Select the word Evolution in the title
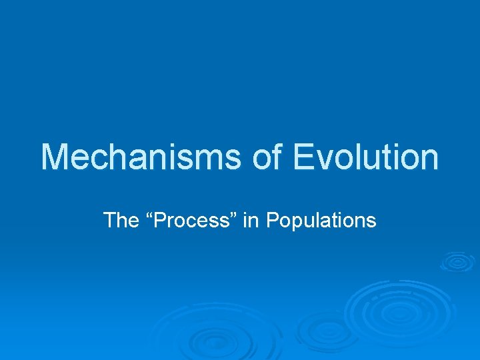(x=366, y=157)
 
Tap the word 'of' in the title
(x=269, y=157)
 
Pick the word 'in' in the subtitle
(x=251, y=220)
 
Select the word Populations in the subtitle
(x=321, y=220)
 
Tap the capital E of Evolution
(x=304, y=157)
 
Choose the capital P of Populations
(x=271, y=220)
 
